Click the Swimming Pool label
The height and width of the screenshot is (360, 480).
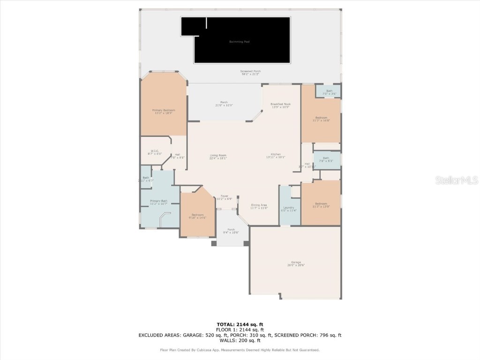click(239, 42)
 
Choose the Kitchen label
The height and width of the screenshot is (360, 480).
click(275, 156)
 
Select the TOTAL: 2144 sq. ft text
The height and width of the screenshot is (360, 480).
click(240, 324)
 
